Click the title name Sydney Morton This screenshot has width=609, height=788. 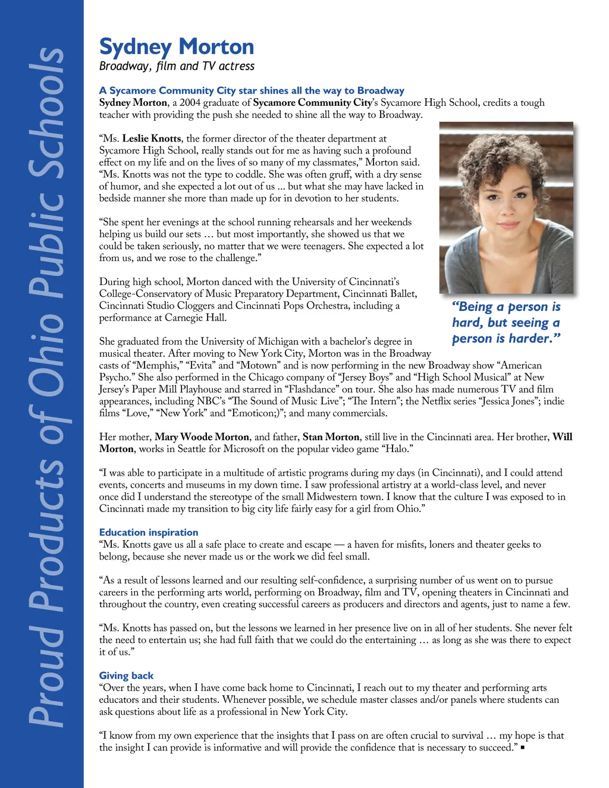[x=177, y=46]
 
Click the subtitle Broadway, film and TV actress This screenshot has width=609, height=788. [x=177, y=66]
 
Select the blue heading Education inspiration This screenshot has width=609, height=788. [x=149, y=532]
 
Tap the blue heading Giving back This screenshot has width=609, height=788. [x=126, y=676]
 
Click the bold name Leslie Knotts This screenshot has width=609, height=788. [x=152, y=139]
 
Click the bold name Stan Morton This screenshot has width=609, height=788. [x=331, y=437]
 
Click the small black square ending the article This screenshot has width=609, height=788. [x=522, y=748]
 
